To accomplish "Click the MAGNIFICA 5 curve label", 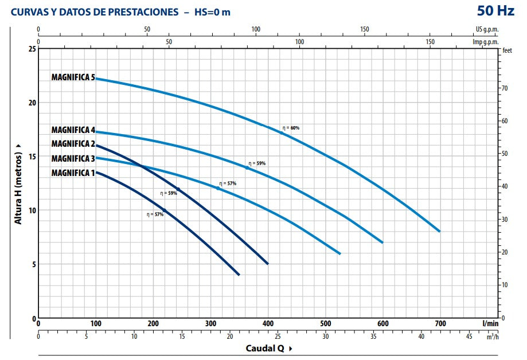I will [73, 77].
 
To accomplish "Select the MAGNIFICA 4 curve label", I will [73, 130].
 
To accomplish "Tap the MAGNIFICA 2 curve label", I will [73, 144].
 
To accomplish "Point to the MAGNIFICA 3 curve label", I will [73, 158].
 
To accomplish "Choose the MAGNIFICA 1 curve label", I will [73, 173].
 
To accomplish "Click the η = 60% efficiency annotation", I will [291, 128].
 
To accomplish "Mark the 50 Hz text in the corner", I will [496, 10].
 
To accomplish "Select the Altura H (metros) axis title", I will [18, 183].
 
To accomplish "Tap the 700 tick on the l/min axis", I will [440, 323].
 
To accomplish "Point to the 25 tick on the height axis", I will [32, 49].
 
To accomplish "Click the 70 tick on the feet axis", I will [504, 88].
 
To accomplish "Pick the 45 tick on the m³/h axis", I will [469, 336].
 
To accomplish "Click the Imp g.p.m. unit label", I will [485, 42].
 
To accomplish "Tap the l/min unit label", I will [490, 323].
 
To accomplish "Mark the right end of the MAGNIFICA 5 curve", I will [439, 231].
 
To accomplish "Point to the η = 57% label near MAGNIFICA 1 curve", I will [155, 214].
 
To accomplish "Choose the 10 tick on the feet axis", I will [504, 285].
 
